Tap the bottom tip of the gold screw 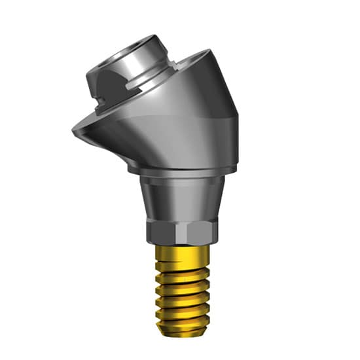click(x=183, y=331)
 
